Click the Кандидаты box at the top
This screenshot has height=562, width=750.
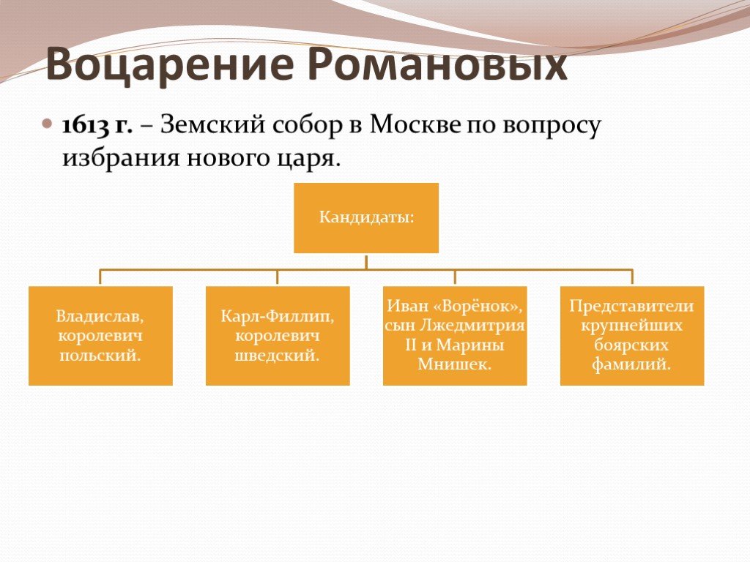(366, 217)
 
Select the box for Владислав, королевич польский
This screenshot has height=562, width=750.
(100, 336)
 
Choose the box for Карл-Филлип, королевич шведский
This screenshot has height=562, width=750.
(278, 336)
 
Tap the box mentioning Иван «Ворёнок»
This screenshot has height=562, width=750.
(455, 336)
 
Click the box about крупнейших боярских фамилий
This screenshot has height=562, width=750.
(632, 336)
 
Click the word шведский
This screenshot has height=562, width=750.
(278, 356)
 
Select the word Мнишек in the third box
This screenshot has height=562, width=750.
(455, 364)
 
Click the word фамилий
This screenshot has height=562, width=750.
(632, 364)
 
